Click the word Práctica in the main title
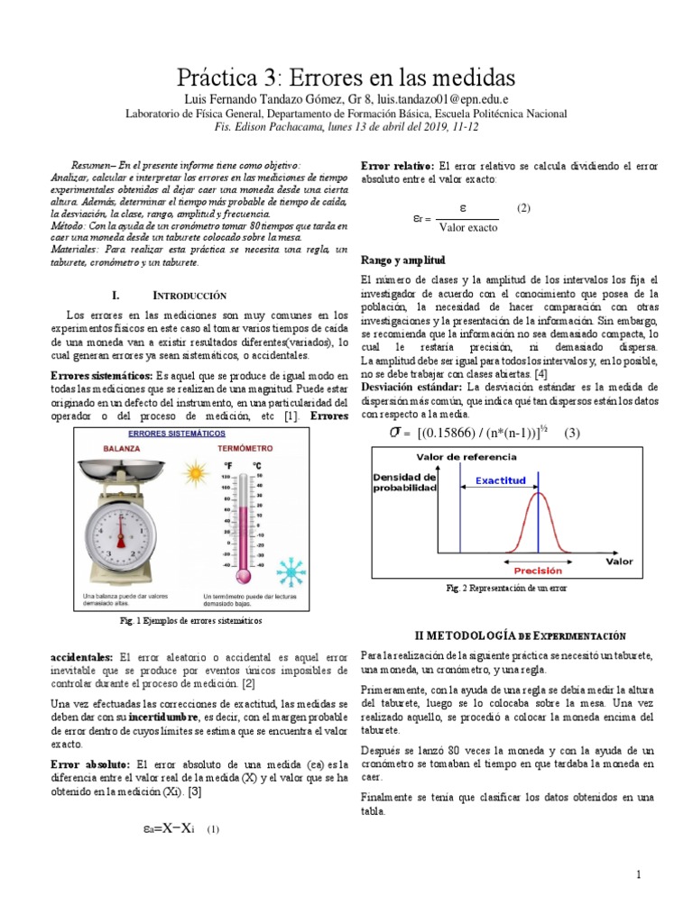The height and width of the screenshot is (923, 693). point(222,73)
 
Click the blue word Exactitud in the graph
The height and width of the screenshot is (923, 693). point(500,480)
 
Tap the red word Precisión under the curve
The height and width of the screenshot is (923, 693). point(538,571)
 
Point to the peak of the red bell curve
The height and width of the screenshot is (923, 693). point(539,493)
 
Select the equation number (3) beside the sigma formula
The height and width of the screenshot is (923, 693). point(571,433)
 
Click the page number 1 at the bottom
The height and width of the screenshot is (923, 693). point(637,875)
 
